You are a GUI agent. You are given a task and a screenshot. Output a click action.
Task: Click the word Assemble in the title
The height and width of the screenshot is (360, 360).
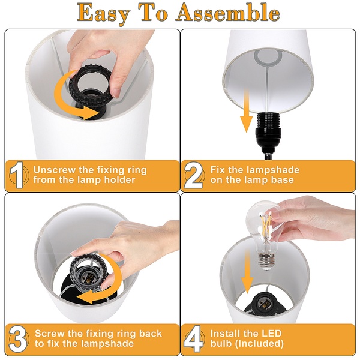[228, 13]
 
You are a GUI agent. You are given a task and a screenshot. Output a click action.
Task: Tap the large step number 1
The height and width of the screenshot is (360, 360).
[17, 175]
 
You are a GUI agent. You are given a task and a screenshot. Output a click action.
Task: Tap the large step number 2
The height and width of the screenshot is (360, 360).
[193, 175]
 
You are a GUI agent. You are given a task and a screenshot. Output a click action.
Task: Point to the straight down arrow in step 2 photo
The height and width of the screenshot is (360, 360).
[247, 110]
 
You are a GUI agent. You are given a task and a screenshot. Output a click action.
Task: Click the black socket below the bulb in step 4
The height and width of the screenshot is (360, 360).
[263, 304]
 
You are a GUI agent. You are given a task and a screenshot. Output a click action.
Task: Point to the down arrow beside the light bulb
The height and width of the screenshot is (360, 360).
[247, 272]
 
